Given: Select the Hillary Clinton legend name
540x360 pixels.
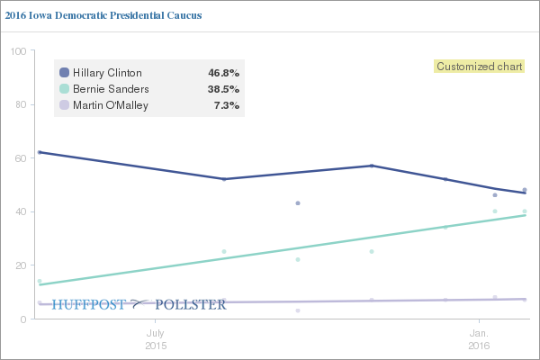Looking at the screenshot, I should tap(106, 73).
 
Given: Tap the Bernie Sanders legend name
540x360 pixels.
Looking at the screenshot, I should tap(110, 89).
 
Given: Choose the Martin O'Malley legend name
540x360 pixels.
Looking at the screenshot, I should tap(110, 105).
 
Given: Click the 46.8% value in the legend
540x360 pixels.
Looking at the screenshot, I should tap(223, 73).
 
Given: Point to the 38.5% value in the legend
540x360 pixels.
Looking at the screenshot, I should tap(223, 89).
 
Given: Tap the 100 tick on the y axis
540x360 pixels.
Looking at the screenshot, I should tap(17, 51).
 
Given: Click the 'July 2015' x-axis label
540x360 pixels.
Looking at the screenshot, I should tap(155, 338).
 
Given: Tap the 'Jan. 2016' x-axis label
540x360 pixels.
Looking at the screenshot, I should tap(479, 338).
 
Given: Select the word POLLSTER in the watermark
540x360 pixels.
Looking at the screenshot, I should tap(192, 304).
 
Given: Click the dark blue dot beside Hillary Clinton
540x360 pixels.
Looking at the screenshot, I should tap(64, 73).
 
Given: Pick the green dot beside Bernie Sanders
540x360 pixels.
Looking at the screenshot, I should tap(64, 89).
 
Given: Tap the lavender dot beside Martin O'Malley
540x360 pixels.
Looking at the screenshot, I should tap(64, 105).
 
